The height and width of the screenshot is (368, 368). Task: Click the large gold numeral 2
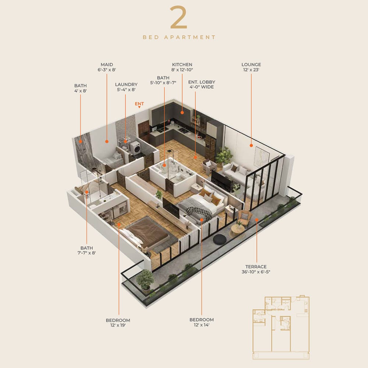click(x=178, y=17)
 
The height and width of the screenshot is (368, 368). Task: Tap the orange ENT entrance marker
click(x=139, y=105)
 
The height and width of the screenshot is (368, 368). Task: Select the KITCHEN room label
click(x=182, y=64)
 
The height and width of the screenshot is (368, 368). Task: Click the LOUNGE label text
click(x=251, y=64)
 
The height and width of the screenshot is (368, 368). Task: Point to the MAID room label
click(x=107, y=64)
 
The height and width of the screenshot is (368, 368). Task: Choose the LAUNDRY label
click(x=126, y=85)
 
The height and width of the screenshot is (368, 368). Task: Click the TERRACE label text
click(x=256, y=267)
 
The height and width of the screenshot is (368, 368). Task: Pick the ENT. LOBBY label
click(x=202, y=82)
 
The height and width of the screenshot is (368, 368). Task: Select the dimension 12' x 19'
click(x=118, y=325)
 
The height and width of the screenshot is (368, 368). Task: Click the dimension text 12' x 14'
click(x=202, y=325)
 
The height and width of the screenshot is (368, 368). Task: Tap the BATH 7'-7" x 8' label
click(x=86, y=250)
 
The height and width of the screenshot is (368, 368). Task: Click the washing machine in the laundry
click(x=135, y=148)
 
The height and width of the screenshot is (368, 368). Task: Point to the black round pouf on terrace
click(x=220, y=239)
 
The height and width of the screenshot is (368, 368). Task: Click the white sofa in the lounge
click(x=237, y=173)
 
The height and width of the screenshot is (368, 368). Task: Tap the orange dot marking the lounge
click(x=251, y=145)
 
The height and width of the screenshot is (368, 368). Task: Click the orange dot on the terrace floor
click(x=256, y=220)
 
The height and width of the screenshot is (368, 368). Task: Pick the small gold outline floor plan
click(x=281, y=328)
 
